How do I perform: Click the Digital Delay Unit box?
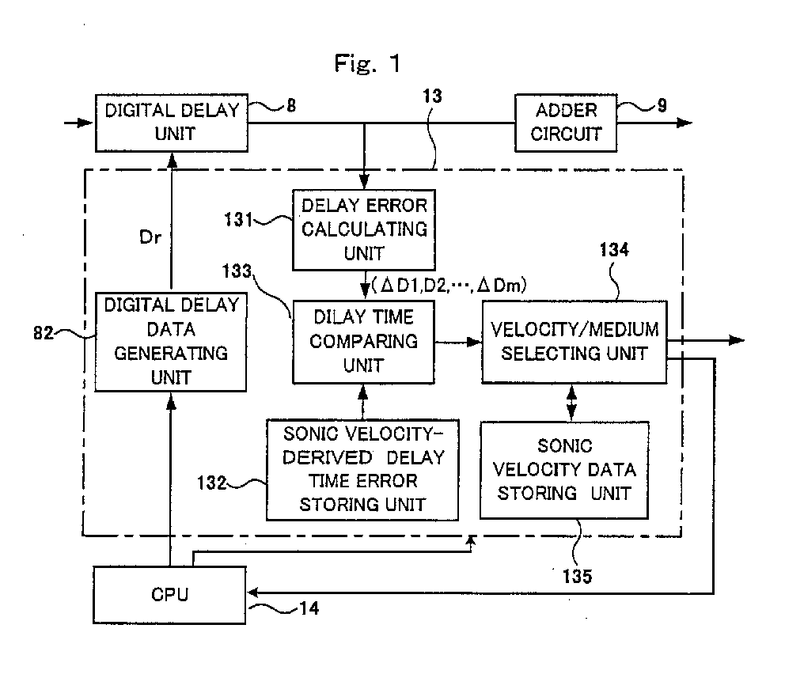[172, 123]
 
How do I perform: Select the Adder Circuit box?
[566, 122]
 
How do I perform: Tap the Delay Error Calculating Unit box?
[363, 229]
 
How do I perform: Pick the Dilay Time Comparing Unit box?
[363, 341]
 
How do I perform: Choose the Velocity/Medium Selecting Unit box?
[574, 341]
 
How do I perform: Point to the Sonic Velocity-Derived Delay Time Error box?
[363, 470]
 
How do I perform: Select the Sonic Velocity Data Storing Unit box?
[564, 470]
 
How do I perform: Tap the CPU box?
[170, 594]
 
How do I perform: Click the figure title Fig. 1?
[367, 65]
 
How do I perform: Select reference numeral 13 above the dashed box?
[432, 97]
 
